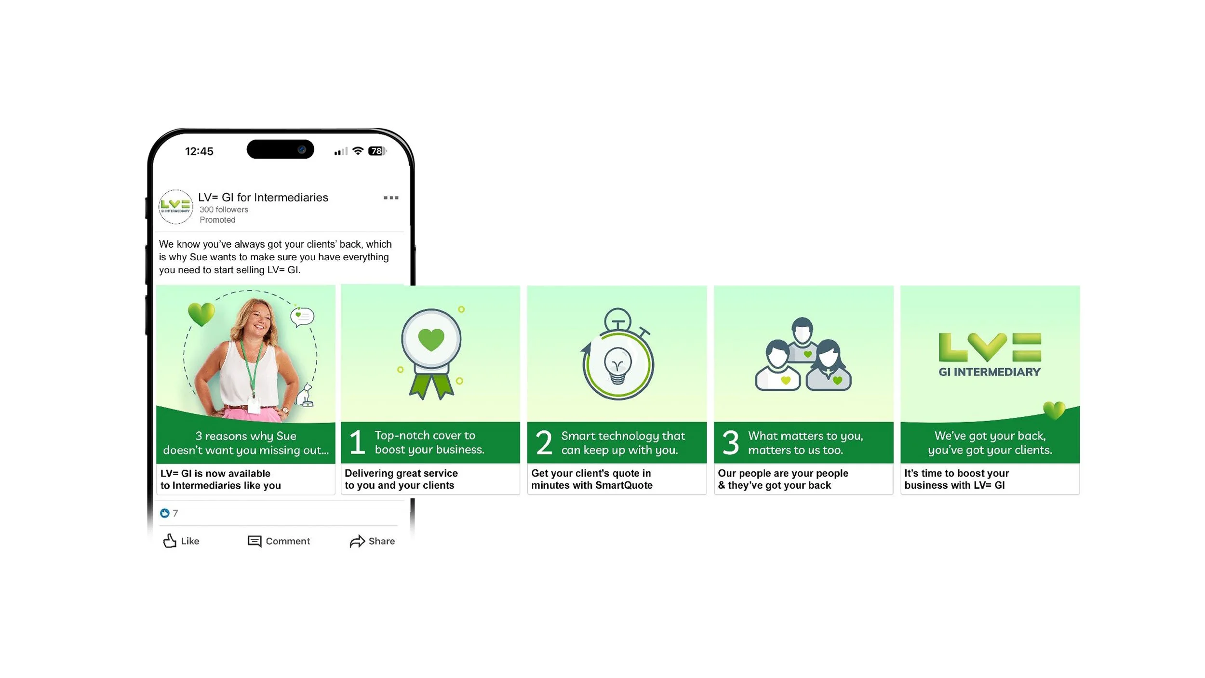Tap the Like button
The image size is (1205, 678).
[x=181, y=541]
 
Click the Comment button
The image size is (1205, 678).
[x=279, y=541]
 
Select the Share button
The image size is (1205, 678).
[x=372, y=541]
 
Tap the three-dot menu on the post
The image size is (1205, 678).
[x=391, y=198]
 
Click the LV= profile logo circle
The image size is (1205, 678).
[x=176, y=207]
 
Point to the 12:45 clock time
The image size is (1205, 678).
[x=199, y=151]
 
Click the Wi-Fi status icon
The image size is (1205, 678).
[x=358, y=151]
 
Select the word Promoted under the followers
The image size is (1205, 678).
[x=217, y=220]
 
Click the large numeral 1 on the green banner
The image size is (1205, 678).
[x=357, y=442]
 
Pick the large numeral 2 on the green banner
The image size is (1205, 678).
[x=544, y=442]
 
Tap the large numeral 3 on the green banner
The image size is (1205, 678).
[x=731, y=442]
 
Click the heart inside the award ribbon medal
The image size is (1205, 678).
[x=431, y=340]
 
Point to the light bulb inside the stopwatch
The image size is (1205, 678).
[x=617, y=365]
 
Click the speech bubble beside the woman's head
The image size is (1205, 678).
[x=302, y=317]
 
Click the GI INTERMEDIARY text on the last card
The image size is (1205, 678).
[x=990, y=372]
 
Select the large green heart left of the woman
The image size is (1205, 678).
[x=201, y=314]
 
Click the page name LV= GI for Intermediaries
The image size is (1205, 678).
[x=263, y=198]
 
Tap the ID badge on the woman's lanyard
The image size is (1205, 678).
[x=254, y=404]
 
